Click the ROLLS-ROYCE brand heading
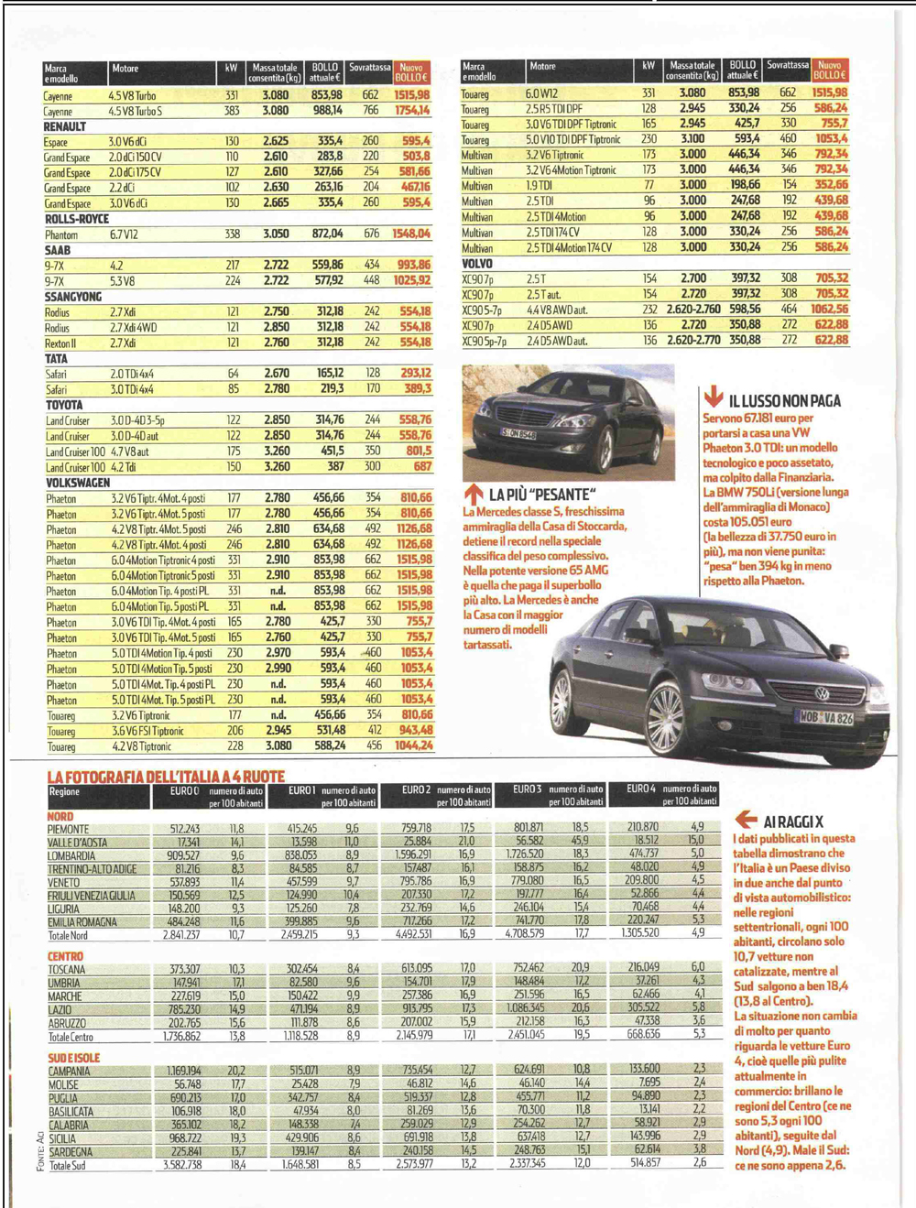[x=77, y=220]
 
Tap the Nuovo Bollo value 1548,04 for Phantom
[x=411, y=234]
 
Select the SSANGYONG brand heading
[x=73, y=297]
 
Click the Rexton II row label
[x=61, y=343]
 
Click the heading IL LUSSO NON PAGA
[x=784, y=401]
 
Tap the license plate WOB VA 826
[x=826, y=719]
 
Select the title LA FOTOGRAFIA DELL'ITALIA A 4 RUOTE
[x=166, y=777]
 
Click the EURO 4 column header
[x=641, y=789]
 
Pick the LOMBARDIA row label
[x=71, y=856]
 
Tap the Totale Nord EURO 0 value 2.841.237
[x=180, y=935]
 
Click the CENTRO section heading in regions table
[x=65, y=956]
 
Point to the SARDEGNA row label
[x=71, y=1152]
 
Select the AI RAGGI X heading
[x=793, y=822]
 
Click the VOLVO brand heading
[x=477, y=264]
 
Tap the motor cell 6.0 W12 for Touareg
[x=541, y=93]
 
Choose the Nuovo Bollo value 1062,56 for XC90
[x=830, y=310]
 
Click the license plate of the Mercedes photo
[x=519, y=432]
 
